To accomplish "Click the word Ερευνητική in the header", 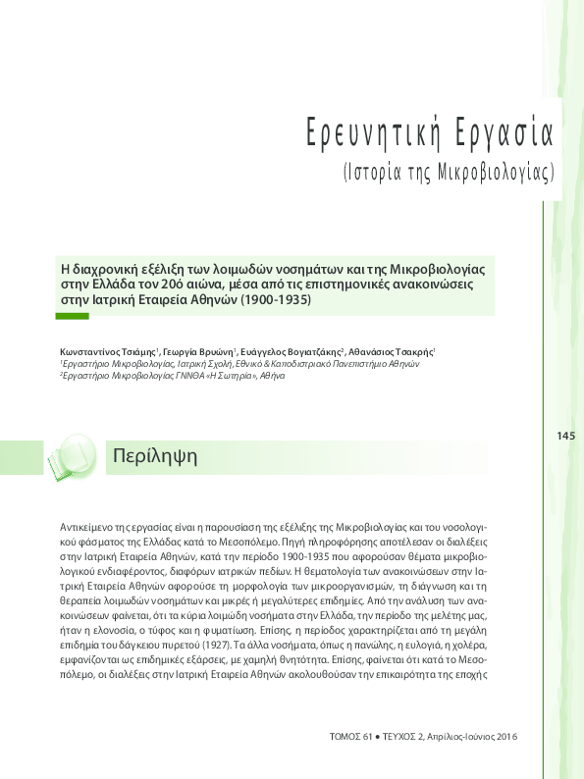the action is point(366,130).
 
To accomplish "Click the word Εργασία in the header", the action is point(506,130).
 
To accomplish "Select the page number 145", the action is point(564,436).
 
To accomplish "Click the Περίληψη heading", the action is point(156,456).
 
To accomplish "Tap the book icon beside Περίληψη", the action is point(73,455).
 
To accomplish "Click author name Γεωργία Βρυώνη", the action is point(190,350).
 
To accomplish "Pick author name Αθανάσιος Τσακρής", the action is point(389,350).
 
